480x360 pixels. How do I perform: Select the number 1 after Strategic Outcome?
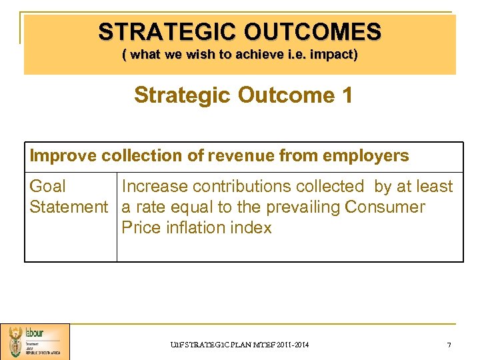347,95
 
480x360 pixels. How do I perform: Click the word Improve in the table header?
63,156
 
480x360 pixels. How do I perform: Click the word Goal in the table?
48,187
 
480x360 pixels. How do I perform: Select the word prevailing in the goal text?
300,207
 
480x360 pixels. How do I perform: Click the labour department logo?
35,341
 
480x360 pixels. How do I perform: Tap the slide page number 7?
449,345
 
